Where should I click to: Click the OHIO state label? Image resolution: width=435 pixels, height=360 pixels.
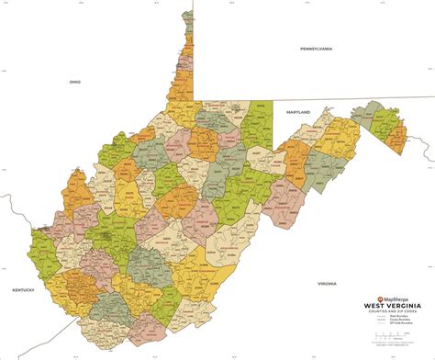tap(75, 82)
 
